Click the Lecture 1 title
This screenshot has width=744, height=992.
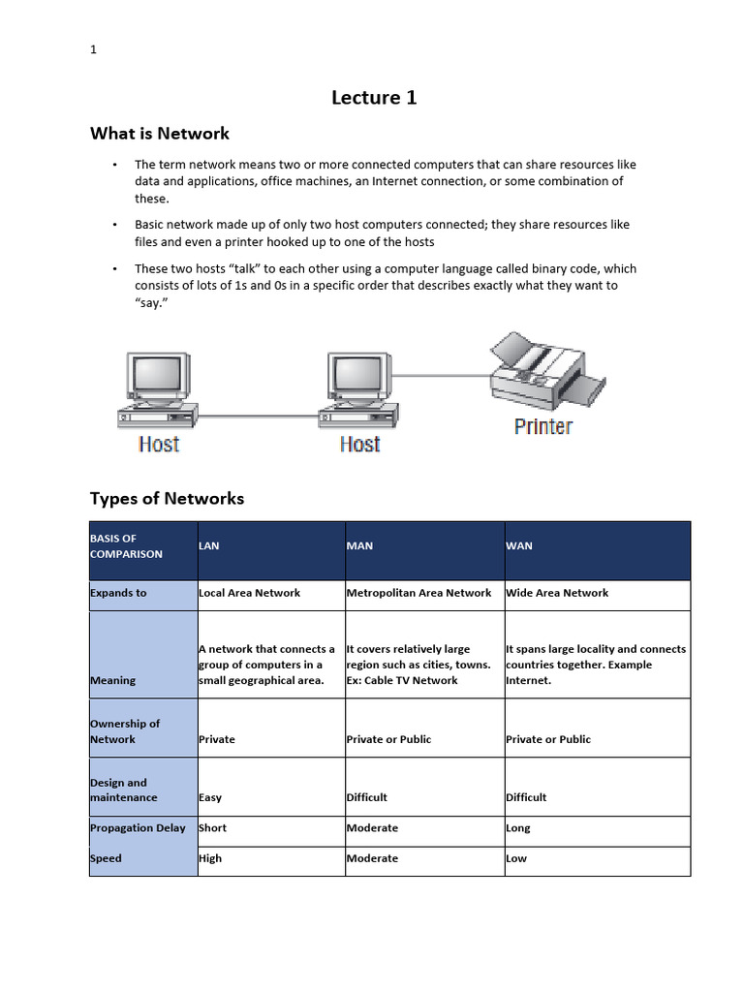coord(374,97)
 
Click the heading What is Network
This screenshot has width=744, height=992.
coord(160,134)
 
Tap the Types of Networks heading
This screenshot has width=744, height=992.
coord(167,499)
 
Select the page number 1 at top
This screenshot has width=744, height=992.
coord(93,50)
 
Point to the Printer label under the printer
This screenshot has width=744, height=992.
coord(542,426)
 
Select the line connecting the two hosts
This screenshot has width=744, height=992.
coord(260,417)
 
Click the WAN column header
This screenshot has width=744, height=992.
coord(519,546)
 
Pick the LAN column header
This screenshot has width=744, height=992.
coord(209,546)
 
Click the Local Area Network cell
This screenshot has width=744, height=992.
coord(249,593)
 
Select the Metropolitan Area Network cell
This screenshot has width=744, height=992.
coord(418,593)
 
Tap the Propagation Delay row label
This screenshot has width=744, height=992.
coord(138,828)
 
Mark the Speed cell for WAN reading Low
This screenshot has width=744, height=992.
coord(516,858)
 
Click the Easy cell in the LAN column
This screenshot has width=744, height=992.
coord(210,797)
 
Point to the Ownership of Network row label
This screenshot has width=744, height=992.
coord(125,731)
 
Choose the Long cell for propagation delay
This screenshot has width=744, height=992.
coord(518,828)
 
